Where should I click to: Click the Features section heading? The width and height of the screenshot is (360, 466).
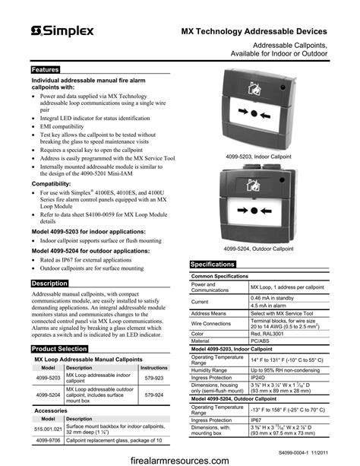(45, 69)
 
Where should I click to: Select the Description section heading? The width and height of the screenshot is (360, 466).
(49, 283)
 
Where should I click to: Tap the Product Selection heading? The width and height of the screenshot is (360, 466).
(59, 348)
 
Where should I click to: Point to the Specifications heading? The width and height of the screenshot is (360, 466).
(212, 264)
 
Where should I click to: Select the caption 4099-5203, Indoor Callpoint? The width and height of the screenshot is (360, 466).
(258, 155)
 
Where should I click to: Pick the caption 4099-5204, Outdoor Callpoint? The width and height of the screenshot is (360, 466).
(258, 249)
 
